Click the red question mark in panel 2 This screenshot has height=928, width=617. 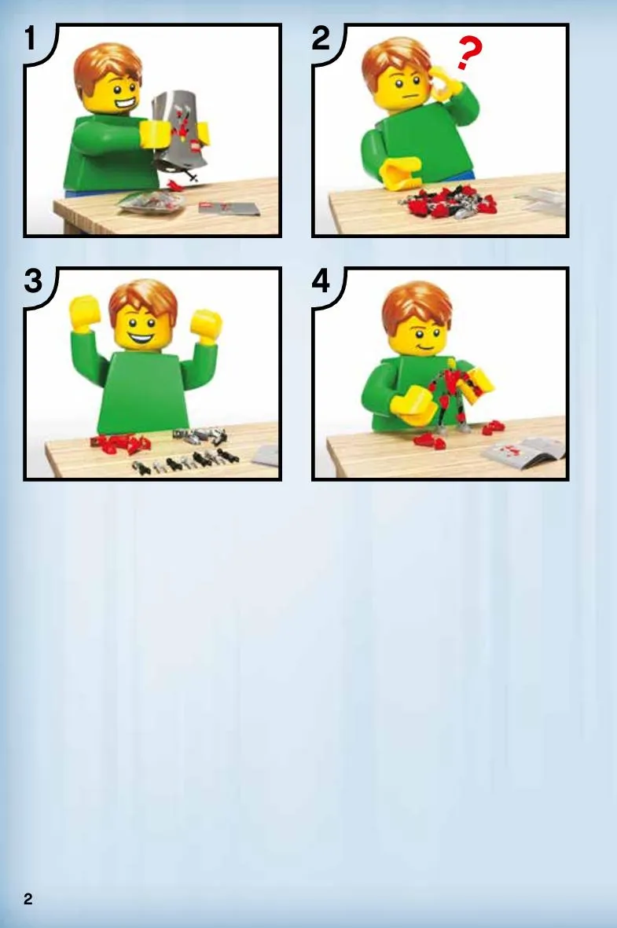coord(469,53)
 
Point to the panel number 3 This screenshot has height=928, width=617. coord(33,281)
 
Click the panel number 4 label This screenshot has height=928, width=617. coord(321,281)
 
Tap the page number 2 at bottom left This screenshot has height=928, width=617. coord(28,899)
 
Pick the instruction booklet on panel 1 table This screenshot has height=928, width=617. coord(229,207)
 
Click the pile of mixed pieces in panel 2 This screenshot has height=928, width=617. coord(448,200)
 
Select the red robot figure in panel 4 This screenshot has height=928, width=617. coord(455,394)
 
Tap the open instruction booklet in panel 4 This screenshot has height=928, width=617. coord(523,450)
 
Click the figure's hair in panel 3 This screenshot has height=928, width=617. coord(143,299)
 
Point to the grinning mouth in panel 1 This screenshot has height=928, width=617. coord(126,105)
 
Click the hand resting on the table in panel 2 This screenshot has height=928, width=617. coord(401,173)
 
